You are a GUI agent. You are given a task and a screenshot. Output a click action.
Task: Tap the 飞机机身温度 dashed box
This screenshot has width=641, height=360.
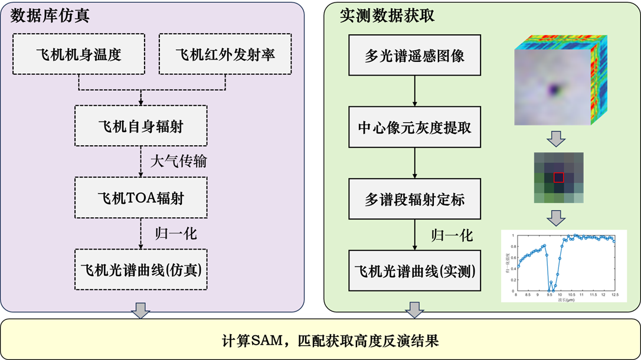(x=79, y=54)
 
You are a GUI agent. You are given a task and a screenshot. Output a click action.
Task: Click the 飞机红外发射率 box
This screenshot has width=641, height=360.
(x=225, y=54)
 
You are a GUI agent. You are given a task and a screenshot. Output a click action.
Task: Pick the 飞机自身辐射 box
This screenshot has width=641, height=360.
(x=141, y=126)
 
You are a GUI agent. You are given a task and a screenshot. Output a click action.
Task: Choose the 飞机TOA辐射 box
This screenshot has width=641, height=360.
(x=141, y=198)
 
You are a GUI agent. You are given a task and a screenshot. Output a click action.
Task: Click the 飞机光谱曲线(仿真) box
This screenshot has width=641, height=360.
(x=141, y=270)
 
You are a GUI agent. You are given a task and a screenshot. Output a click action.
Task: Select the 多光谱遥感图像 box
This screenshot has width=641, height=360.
(x=414, y=55)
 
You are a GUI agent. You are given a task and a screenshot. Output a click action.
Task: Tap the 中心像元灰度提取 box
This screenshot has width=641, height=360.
(x=414, y=127)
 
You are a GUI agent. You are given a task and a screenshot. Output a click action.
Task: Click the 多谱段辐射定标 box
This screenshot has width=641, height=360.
(x=414, y=198)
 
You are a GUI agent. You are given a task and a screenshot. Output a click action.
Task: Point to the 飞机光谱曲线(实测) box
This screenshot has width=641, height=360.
(x=414, y=270)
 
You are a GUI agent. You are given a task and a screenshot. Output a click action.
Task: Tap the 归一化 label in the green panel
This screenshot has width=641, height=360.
(x=452, y=235)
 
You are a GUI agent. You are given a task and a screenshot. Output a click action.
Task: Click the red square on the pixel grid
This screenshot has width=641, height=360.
(x=558, y=177)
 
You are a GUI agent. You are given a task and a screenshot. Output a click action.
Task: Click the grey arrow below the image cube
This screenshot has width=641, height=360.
(x=555, y=139)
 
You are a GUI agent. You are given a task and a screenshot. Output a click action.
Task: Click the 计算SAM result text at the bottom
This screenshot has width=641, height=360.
(x=320, y=341)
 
